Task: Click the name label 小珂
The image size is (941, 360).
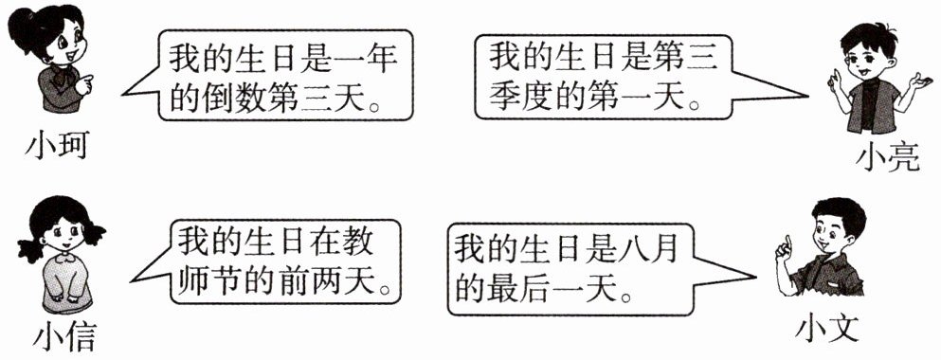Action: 57,146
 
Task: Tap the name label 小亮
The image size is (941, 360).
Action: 889,158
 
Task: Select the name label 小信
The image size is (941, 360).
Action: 64,338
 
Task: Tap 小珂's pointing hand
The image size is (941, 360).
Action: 84,84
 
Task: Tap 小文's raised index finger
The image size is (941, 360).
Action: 787,243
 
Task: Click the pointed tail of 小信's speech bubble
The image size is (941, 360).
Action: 132,280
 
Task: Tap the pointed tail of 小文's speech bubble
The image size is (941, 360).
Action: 752,278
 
